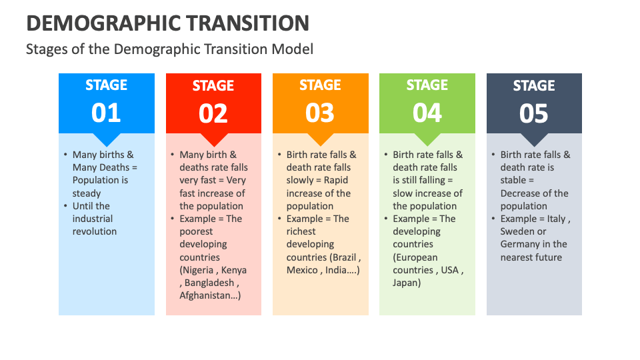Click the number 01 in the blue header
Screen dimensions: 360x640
(x=106, y=113)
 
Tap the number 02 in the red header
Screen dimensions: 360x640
(x=213, y=114)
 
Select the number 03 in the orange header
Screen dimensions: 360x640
(x=320, y=113)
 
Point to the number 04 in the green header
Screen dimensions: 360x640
(x=427, y=113)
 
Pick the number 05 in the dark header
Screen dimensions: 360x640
(x=534, y=114)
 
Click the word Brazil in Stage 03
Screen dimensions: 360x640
(x=344, y=257)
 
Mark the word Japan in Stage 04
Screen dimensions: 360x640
(x=406, y=283)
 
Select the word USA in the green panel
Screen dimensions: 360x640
(x=451, y=270)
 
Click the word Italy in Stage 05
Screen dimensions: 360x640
(x=555, y=219)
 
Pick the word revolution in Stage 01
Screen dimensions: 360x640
(x=95, y=231)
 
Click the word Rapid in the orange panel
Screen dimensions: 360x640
(x=336, y=180)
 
